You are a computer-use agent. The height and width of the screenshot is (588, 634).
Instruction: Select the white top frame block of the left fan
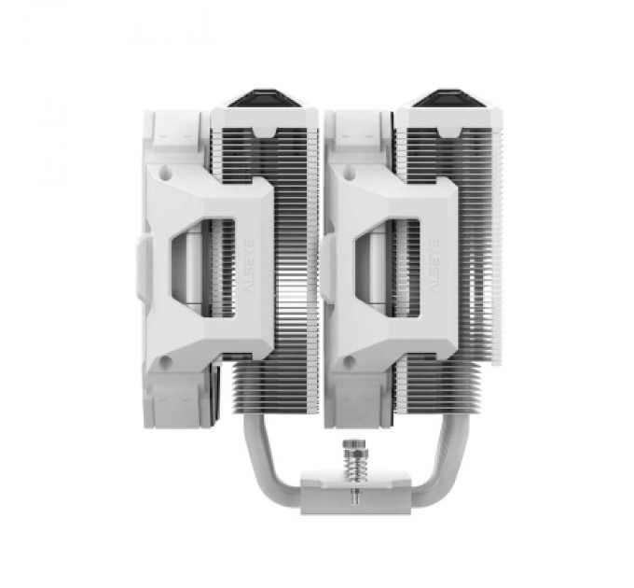click(x=177, y=131)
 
